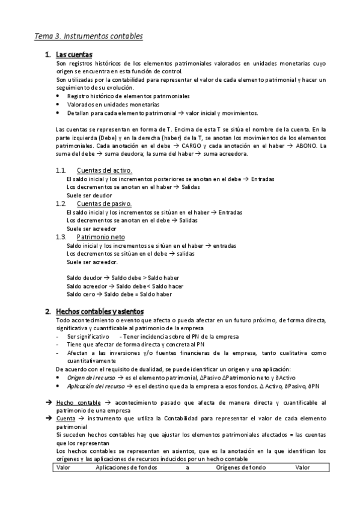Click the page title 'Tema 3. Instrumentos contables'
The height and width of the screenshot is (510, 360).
pyautogui.click(x=88, y=36)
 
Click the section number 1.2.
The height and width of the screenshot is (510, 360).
pyautogui.click(x=60, y=204)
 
